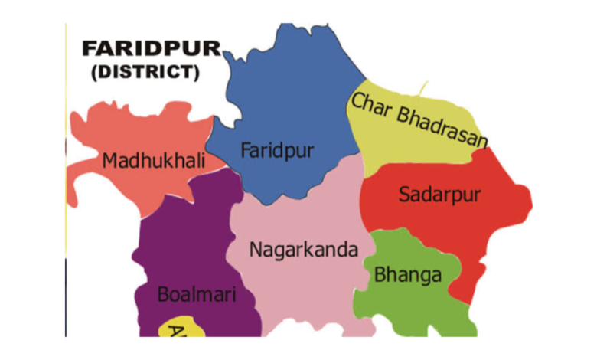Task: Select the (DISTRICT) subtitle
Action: [x=145, y=74]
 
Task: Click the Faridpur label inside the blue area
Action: [x=277, y=151]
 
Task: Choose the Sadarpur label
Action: [x=439, y=195]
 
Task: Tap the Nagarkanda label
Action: [x=304, y=250]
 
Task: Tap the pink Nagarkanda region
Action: [x=306, y=291]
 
